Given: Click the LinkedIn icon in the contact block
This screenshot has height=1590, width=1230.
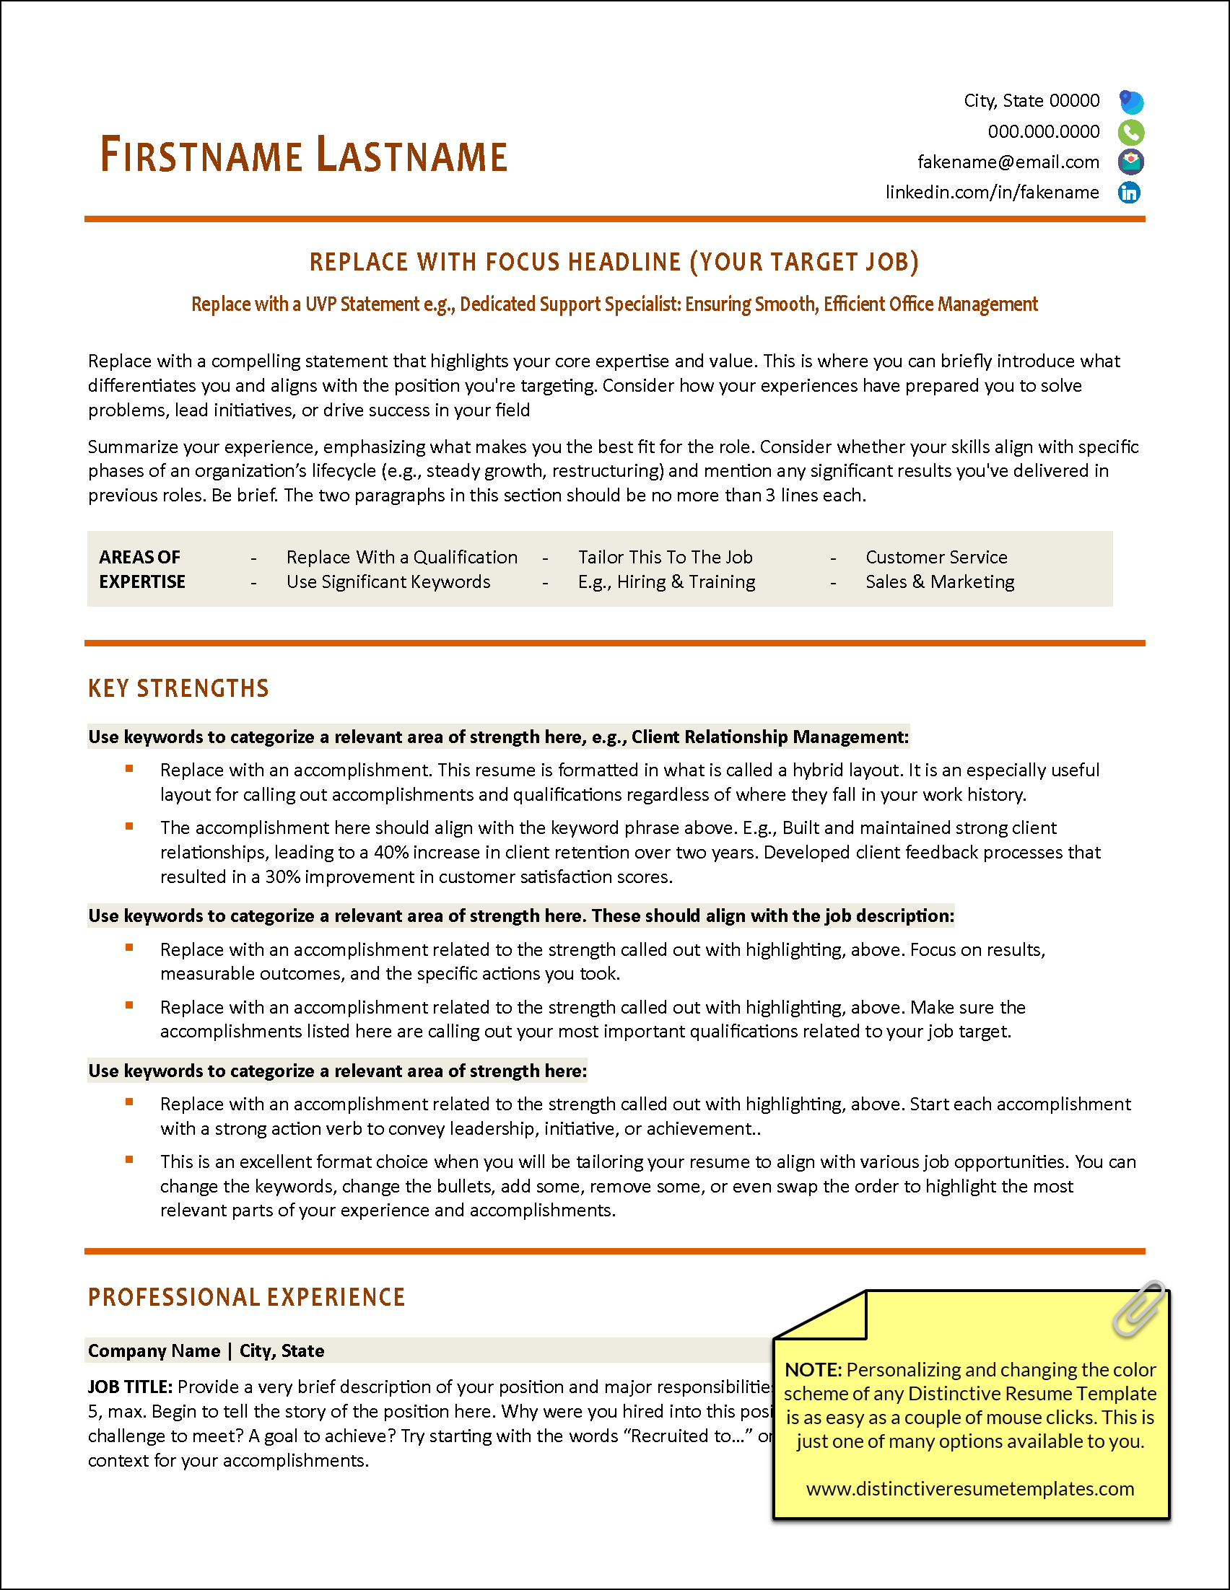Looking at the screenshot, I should [x=1129, y=192].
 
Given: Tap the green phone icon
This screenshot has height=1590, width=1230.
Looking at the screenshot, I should [x=1130, y=132].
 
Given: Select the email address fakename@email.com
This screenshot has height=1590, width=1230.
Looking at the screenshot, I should [x=1008, y=162].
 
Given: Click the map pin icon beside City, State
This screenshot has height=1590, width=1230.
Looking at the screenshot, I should [x=1130, y=101].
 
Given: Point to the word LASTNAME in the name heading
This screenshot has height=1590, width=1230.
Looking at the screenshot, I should [x=412, y=156].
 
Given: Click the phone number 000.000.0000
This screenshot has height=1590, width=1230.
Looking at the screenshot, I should [x=1043, y=132].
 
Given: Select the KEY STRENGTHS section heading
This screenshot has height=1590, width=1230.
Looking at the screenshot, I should [x=178, y=688].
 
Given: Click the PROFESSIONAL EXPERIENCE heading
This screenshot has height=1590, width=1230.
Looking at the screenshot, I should [x=246, y=1296].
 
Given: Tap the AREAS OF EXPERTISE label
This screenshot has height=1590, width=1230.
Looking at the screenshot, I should [x=142, y=569].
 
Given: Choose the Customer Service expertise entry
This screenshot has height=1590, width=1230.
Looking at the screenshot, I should [x=935, y=557].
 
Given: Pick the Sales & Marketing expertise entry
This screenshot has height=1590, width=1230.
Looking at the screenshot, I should [x=939, y=581].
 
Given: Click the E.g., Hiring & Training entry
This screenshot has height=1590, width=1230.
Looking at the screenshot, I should [x=666, y=581].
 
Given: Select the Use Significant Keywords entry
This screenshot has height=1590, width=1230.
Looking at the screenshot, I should [x=388, y=581].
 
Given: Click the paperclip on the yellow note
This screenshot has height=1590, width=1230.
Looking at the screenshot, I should [x=1138, y=1308].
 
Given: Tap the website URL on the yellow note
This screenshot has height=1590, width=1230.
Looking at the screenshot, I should [x=970, y=1488].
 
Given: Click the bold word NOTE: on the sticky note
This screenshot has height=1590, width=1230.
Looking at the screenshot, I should [x=813, y=1369].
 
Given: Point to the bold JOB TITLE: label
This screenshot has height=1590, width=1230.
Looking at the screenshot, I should [x=131, y=1386].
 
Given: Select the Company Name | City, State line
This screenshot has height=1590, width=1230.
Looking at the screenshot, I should [x=206, y=1350].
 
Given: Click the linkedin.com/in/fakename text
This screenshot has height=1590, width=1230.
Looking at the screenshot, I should [x=992, y=192].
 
